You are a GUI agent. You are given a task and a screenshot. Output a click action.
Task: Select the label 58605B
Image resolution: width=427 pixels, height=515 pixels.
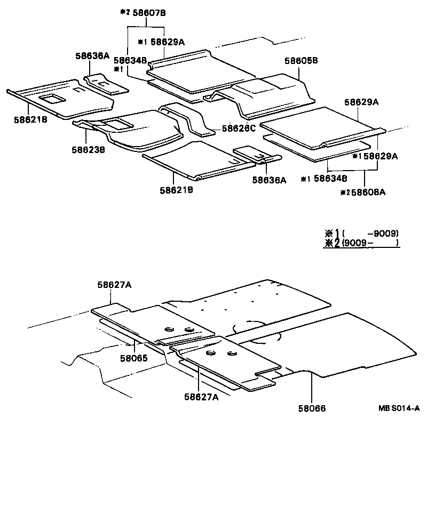[301, 61]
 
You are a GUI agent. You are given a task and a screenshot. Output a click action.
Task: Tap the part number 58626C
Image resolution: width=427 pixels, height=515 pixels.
[239, 128]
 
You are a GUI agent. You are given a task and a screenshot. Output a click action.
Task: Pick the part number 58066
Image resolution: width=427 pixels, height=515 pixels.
[312, 408]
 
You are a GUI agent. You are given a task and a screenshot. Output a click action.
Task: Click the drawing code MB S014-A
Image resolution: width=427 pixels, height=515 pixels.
[399, 408]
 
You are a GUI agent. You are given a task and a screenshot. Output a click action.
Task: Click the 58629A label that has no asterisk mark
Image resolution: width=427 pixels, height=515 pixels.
[361, 102]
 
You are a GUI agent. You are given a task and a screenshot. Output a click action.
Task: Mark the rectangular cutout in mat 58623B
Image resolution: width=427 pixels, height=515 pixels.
[118, 124]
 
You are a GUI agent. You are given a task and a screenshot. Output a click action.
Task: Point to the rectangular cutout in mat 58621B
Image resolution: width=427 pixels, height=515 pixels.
[52, 98]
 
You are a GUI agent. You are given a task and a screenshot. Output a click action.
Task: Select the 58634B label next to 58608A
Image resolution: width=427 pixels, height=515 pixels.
[330, 179]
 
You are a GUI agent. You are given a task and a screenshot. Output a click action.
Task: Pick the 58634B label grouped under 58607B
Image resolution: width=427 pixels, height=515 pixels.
[130, 61]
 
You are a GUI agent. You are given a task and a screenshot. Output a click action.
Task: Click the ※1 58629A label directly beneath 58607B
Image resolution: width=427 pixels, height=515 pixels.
[161, 42]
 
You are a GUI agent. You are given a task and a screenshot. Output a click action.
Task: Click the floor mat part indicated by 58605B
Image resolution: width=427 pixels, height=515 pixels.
[267, 96]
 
